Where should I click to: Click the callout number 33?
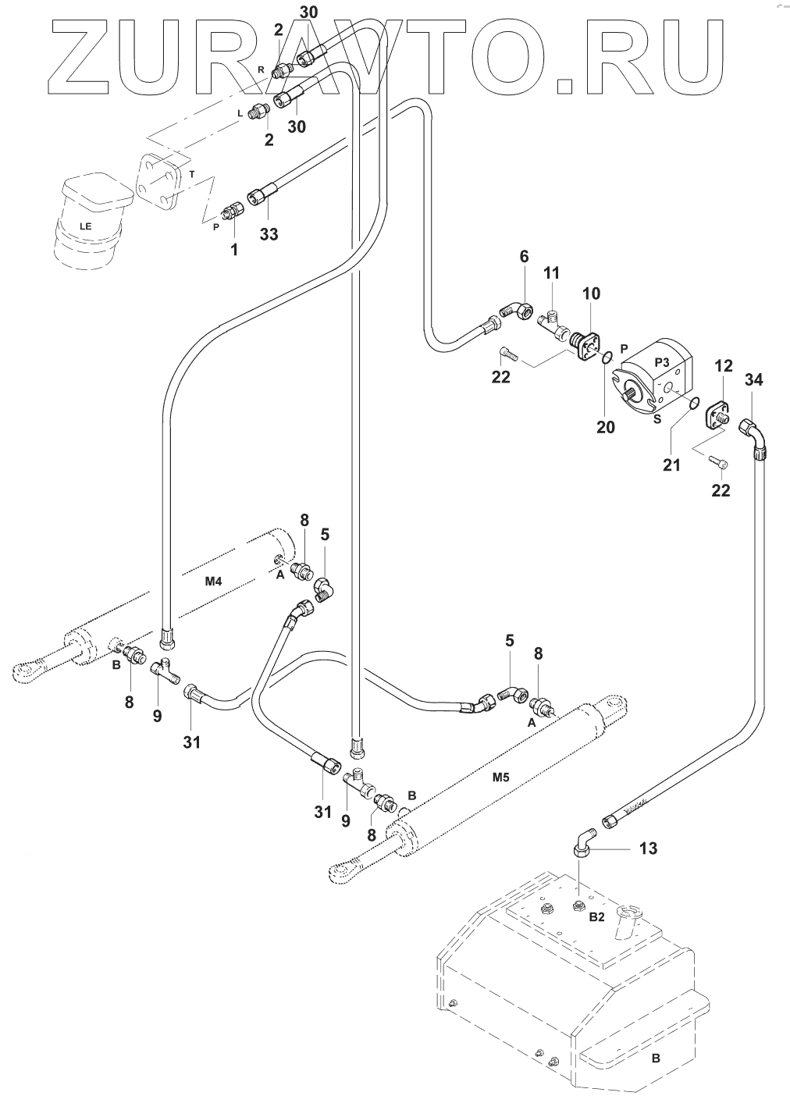click(269, 233)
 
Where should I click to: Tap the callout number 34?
click(753, 380)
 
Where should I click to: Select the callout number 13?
click(648, 848)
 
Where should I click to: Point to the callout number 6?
click(524, 257)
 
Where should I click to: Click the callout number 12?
click(724, 365)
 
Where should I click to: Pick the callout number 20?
click(606, 427)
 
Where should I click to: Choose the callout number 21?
click(671, 465)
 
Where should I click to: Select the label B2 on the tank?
click(596, 917)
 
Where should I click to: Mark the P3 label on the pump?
click(663, 361)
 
